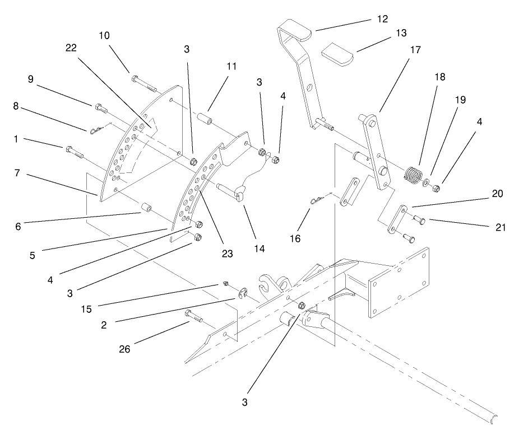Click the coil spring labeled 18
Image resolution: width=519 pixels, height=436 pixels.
[413, 174]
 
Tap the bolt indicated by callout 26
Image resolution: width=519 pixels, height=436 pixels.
[194, 318]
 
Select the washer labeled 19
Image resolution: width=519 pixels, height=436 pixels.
[428, 182]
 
